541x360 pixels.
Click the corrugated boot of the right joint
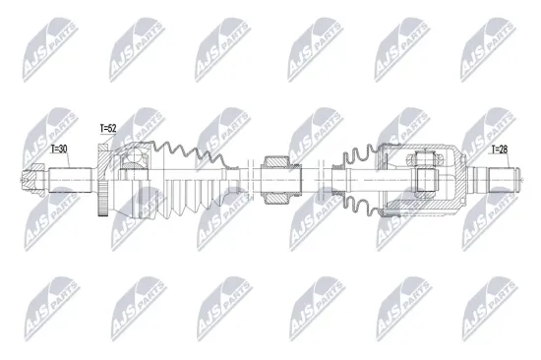359,181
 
